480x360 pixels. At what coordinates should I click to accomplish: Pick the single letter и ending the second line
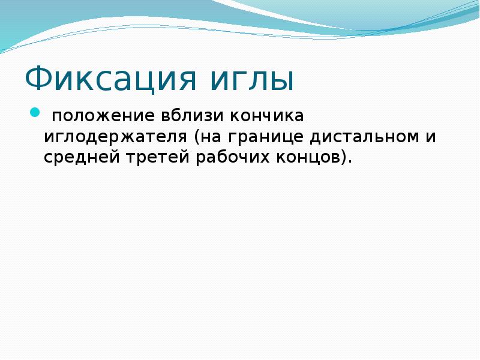click(431, 137)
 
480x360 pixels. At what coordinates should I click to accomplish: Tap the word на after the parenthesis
click(209, 137)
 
